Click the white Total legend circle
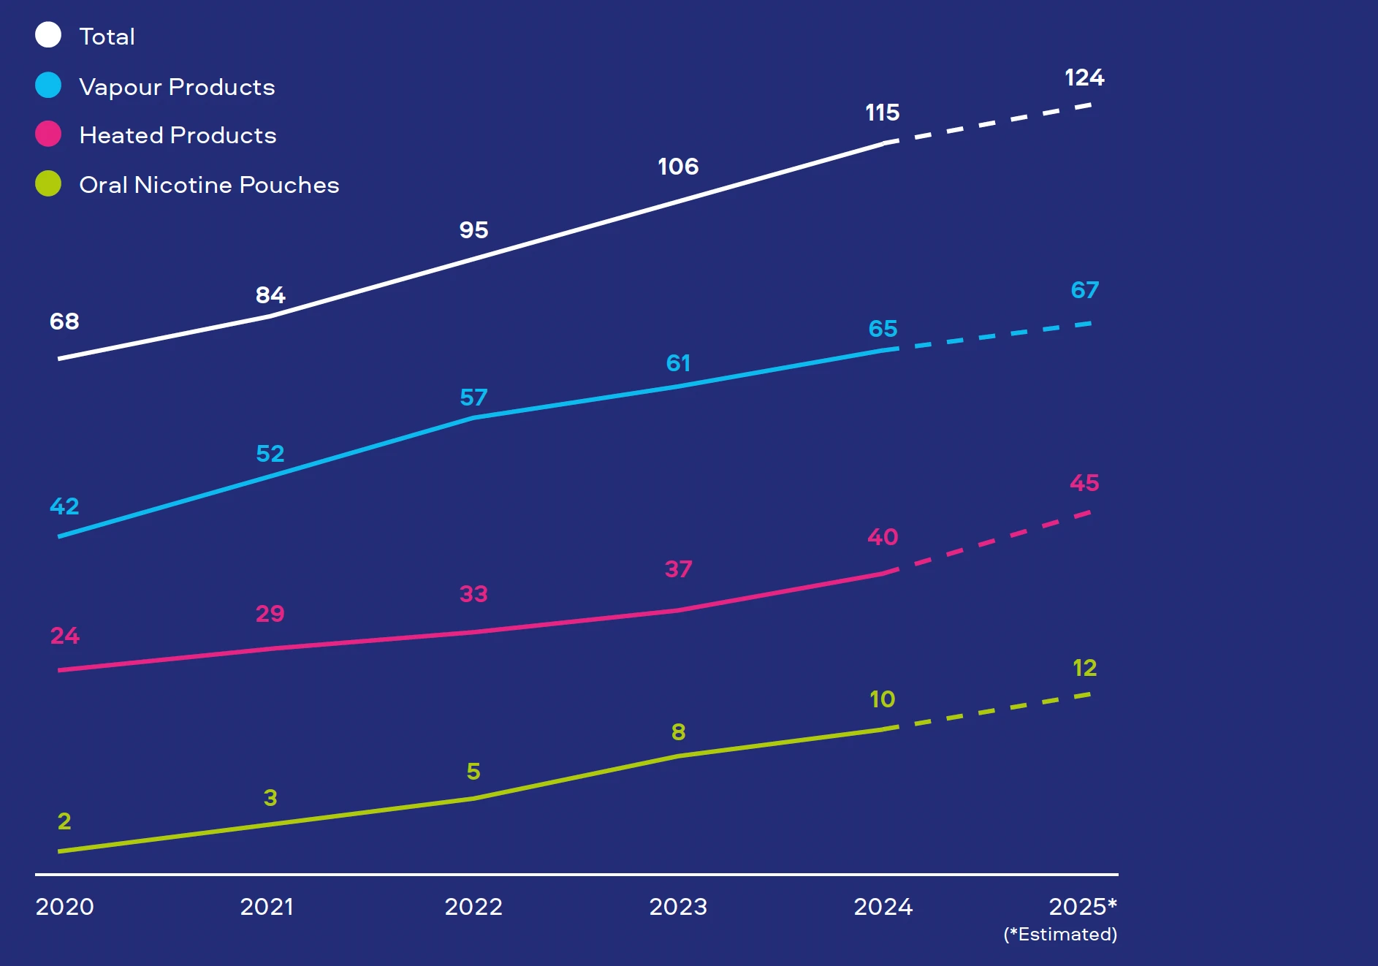[48, 35]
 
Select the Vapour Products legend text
[177, 87]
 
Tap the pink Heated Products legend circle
[48, 134]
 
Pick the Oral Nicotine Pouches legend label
[209, 185]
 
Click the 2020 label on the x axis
[64, 907]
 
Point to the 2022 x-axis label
[473, 907]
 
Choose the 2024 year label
[883, 907]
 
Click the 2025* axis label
[1083, 907]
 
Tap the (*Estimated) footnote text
[1060, 935]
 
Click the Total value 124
[1084, 77]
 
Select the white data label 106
[678, 167]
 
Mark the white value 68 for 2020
[64, 322]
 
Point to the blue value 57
[473, 398]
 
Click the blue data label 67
[1084, 290]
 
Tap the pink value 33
[473, 594]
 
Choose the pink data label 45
[1084, 483]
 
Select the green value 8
[678, 732]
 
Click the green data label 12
[1084, 668]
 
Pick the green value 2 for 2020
[64, 821]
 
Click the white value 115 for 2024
[883, 113]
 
